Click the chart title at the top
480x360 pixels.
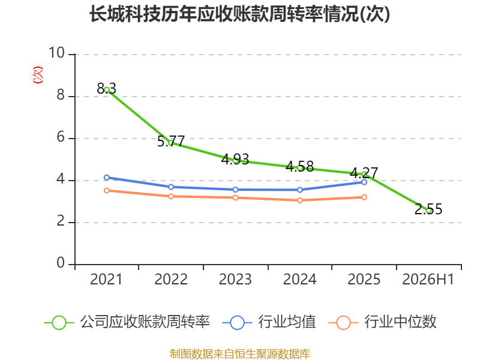[239, 14]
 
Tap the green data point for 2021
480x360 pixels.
[107, 90]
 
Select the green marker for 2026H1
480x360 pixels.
[428, 211]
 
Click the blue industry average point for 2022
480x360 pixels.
[171, 187]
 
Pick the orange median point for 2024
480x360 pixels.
[299, 200]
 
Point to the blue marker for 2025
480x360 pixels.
[364, 182]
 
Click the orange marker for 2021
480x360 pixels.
[107, 190]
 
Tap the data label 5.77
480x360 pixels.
[171, 141]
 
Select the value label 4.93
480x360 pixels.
[235, 159]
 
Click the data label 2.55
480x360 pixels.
[428, 209]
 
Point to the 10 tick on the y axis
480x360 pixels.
[57, 53]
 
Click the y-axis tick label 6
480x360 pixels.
[61, 137]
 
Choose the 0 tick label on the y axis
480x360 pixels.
[61, 263]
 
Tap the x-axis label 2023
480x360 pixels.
[235, 279]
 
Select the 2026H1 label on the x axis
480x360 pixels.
[428, 279]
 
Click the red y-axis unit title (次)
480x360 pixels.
[38, 74]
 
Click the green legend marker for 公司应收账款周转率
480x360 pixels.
[59, 323]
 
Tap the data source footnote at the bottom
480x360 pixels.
[240, 354]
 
